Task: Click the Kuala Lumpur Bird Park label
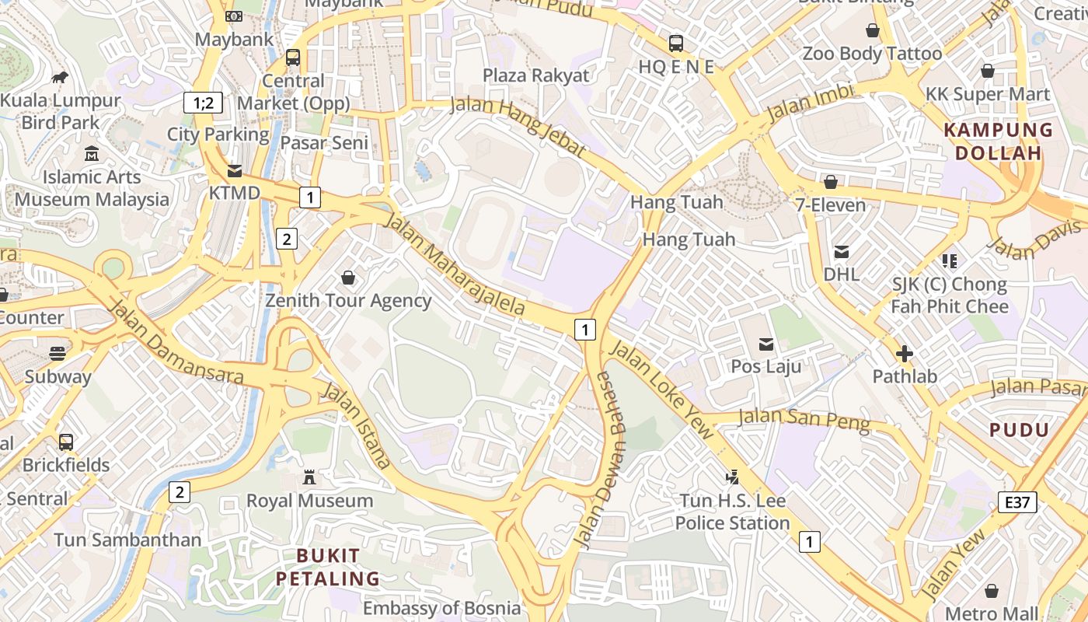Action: coord(61,111)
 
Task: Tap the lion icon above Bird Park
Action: coord(60,77)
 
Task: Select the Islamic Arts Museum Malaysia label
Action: coord(92,188)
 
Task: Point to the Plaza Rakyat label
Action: coord(536,75)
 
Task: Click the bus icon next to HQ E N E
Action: coord(675,43)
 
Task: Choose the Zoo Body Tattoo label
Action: coord(872,54)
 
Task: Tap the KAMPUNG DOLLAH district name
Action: coord(999,142)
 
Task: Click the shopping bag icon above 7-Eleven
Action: coord(830,182)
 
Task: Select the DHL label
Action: coord(842,274)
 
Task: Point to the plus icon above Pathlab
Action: coord(905,355)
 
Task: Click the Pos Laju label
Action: coord(766,365)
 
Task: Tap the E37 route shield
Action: coord(1017,502)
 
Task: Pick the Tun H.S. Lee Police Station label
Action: coord(732,512)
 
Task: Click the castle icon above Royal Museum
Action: coord(309,477)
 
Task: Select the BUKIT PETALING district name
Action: coord(328,567)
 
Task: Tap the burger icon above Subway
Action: coord(58,354)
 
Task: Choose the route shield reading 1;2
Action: coord(203,102)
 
